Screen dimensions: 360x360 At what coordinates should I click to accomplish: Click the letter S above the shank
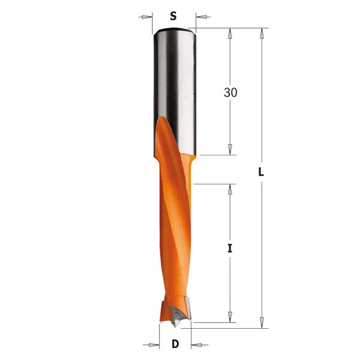[173, 16]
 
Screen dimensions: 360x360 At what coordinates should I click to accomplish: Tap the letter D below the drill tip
[175, 344]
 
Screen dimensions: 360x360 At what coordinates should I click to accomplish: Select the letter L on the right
[261, 171]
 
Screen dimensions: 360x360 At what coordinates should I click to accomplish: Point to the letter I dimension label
[229, 248]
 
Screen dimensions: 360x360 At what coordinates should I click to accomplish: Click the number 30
[230, 92]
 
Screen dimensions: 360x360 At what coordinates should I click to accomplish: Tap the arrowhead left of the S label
[146, 16]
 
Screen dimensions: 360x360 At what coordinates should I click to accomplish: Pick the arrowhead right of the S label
[200, 16]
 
